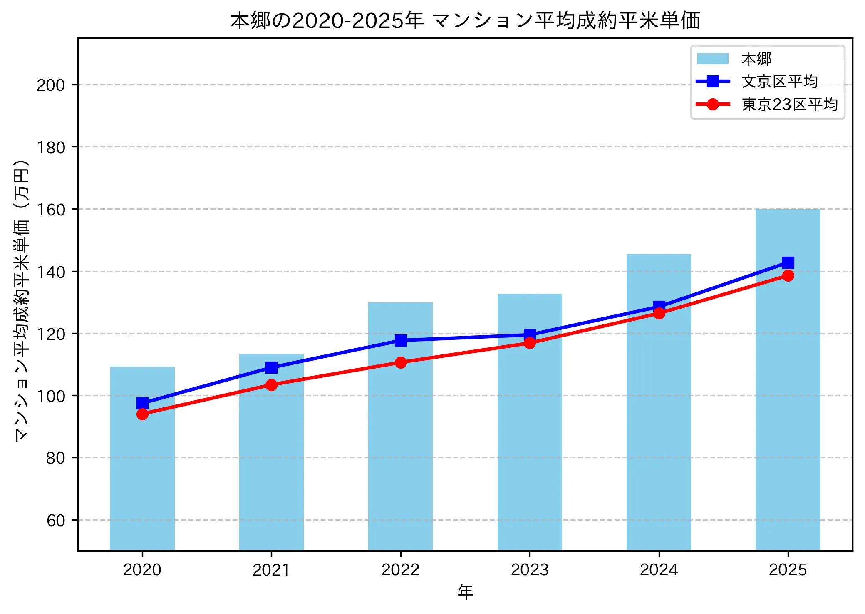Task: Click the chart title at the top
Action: point(465,21)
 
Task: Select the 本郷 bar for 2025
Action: point(788,379)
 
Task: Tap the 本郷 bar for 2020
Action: point(142,458)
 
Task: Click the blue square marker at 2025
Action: point(788,262)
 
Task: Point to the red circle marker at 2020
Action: point(142,414)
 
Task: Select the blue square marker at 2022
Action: point(401,340)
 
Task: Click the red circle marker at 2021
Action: point(271,385)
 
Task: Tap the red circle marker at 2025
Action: point(788,275)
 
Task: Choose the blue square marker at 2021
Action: point(271,367)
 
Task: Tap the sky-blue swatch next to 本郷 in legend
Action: point(713,59)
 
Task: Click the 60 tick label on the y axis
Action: point(56,520)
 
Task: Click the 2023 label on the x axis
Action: point(530,570)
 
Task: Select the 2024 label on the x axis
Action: point(659,570)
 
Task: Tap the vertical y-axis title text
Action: point(22,300)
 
